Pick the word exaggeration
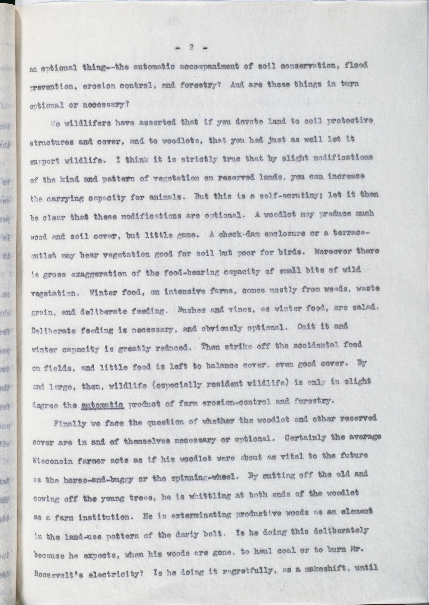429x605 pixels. tap(99, 274)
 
